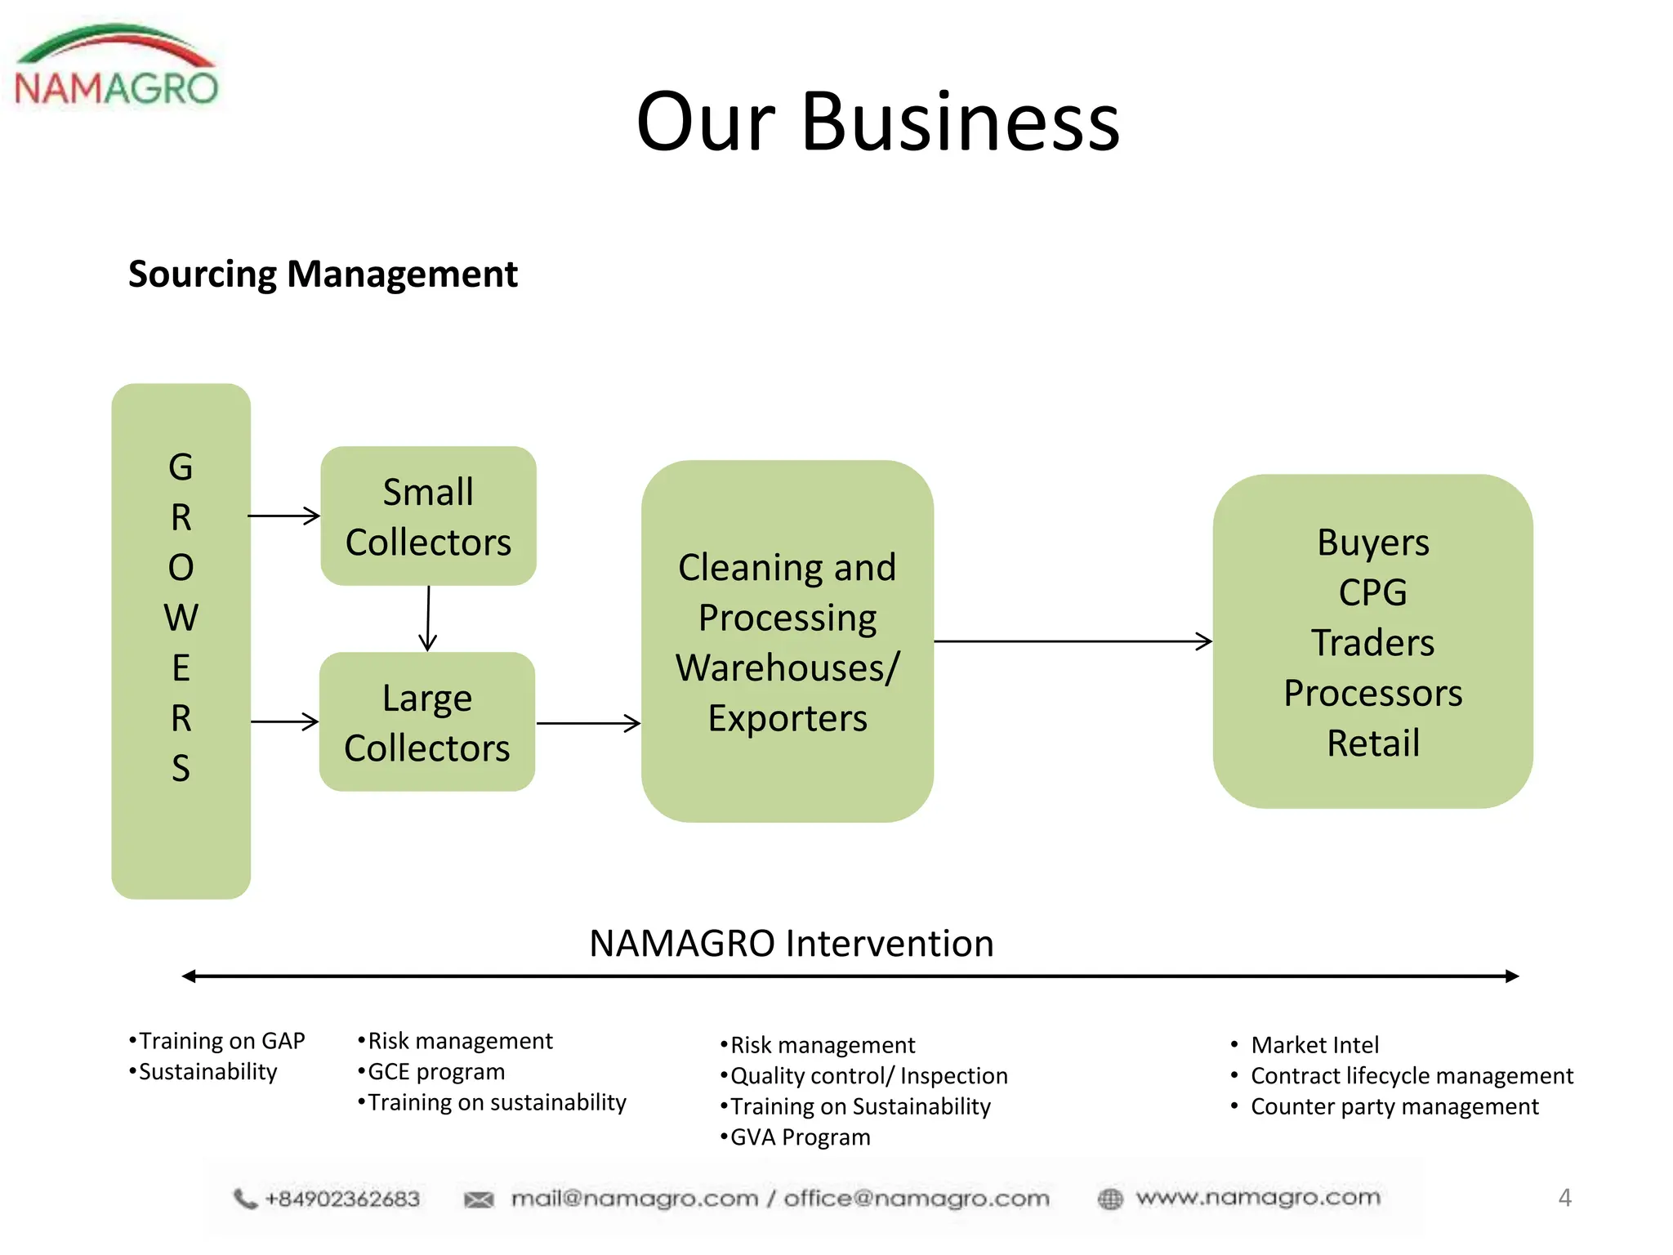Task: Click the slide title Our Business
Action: pyautogui.click(x=877, y=123)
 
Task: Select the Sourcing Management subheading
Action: pyautogui.click(x=323, y=274)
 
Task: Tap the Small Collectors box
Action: pyautogui.click(x=428, y=516)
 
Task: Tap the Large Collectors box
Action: pyautogui.click(x=426, y=722)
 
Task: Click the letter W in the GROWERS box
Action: pyautogui.click(x=181, y=618)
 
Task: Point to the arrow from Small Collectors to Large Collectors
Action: pyautogui.click(x=428, y=619)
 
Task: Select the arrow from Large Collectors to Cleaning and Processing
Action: pyautogui.click(x=588, y=723)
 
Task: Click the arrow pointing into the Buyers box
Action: pyautogui.click(x=1073, y=641)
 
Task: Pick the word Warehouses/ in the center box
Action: pyautogui.click(x=787, y=668)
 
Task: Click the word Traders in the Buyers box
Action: pyautogui.click(x=1372, y=643)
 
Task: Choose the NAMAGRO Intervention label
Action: pyautogui.click(x=791, y=944)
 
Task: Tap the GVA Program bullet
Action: pyautogui.click(x=799, y=1137)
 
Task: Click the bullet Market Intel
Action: pyautogui.click(x=1314, y=1045)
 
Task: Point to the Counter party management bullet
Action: pyautogui.click(x=1394, y=1106)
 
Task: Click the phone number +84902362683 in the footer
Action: pyautogui.click(x=341, y=1199)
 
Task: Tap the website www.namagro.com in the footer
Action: pyautogui.click(x=1257, y=1198)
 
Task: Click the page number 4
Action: pyautogui.click(x=1564, y=1198)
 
